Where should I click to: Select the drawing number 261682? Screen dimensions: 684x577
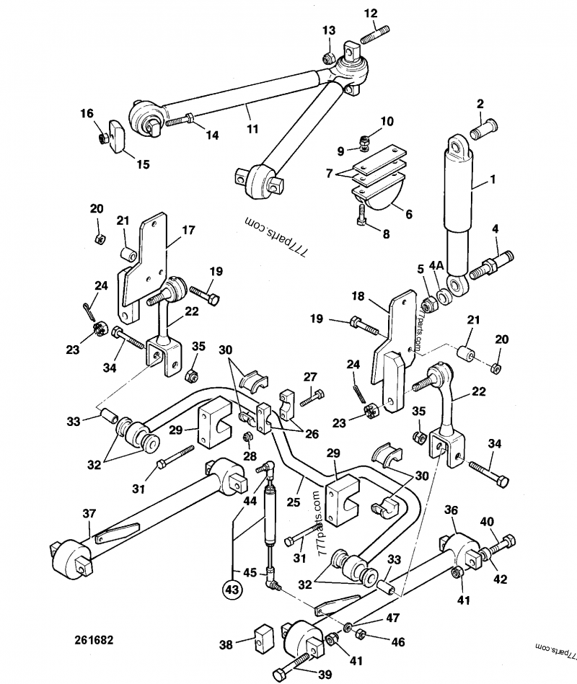click(x=93, y=639)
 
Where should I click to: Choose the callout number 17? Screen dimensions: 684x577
click(x=188, y=231)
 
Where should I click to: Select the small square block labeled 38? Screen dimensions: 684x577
click(x=261, y=637)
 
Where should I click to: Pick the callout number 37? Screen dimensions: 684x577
click(x=89, y=513)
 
